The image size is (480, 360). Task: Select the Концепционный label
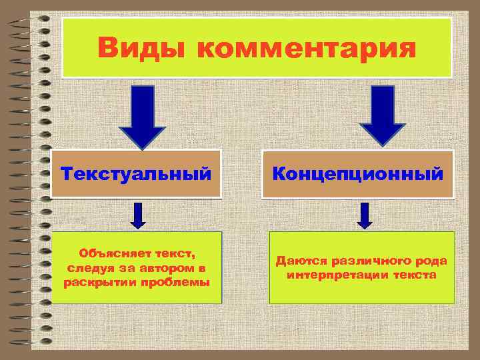coord(357,175)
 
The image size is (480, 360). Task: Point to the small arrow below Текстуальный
coord(138,215)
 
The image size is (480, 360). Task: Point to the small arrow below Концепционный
coord(364,215)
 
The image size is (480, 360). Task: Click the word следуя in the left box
coord(87,267)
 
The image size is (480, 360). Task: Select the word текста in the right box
coord(414,275)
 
